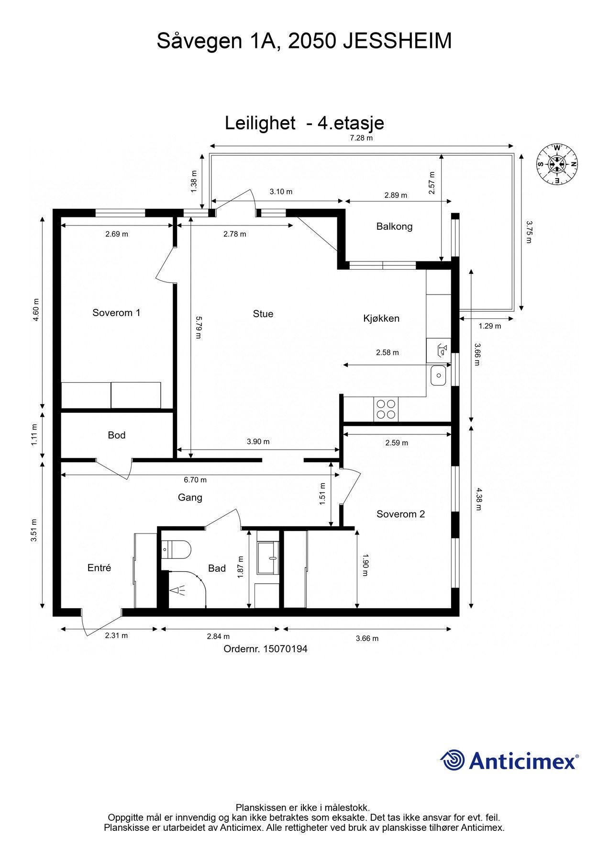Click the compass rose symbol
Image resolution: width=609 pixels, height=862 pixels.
click(x=556, y=164)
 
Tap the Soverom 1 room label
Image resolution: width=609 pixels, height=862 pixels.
click(x=116, y=313)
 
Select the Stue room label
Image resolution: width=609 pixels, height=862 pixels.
click(x=263, y=314)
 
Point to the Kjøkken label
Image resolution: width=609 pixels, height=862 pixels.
click(x=381, y=318)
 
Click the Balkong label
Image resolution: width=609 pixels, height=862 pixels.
click(x=394, y=226)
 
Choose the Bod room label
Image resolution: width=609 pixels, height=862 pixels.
click(x=116, y=435)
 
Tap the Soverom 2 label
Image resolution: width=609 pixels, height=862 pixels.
click(x=400, y=514)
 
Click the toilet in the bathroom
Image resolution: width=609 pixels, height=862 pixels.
click(x=177, y=549)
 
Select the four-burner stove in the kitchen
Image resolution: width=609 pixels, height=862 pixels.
click(x=386, y=409)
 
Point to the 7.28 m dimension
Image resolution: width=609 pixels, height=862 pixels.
click(x=361, y=138)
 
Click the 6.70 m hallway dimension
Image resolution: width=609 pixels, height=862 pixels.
click(x=195, y=479)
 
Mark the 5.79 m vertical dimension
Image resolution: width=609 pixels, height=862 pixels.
click(x=199, y=327)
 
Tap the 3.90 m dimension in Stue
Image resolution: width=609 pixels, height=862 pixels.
click(x=258, y=442)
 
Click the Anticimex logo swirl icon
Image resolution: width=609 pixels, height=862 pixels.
click(x=452, y=760)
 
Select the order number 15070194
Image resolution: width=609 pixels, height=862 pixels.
click(x=285, y=649)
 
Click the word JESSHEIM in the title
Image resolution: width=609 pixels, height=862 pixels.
click(x=397, y=41)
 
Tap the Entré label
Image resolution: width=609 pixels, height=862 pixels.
click(x=99, y=567)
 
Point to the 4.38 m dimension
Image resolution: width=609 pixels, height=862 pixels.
click(x=479, y=499)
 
